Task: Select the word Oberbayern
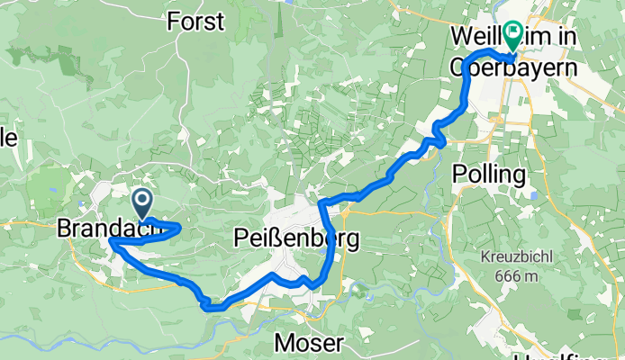[x=512, y=67]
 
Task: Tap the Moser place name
[x=308, y=343]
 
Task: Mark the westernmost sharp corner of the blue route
[x=110, y=241]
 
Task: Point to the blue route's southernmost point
[x=213, y=308]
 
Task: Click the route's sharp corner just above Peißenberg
[x=322, y=201]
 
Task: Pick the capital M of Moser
[x=284, y=343]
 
